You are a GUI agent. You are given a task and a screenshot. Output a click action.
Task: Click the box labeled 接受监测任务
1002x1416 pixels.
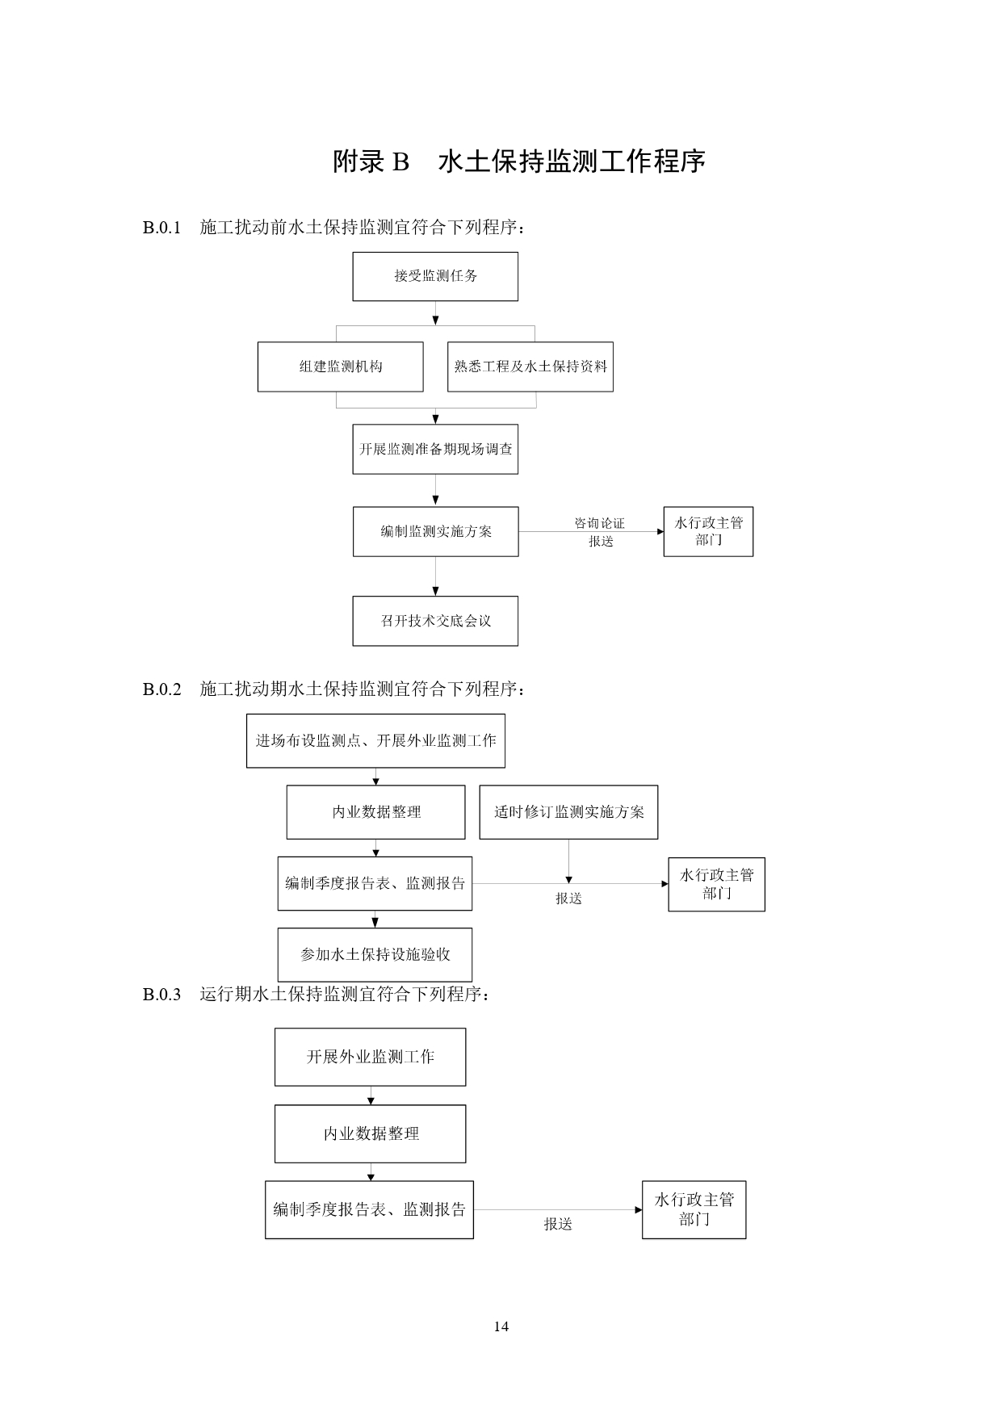coord(435,276)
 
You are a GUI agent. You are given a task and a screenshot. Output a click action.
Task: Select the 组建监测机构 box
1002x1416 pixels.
coord(340,367)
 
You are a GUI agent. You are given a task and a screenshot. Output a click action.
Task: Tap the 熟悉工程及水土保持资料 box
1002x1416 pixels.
coord(530,367)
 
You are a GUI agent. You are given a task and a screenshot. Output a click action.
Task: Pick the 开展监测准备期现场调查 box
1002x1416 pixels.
coord(435,449)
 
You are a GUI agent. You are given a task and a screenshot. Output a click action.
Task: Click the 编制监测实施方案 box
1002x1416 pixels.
coord(435,531)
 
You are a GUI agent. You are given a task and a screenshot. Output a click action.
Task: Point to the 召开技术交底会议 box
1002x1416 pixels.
coord(435,621)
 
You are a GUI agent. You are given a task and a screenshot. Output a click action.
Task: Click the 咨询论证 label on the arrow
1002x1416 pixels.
coord(599,523)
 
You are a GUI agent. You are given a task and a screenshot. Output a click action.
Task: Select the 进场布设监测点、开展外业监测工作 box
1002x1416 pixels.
coord(375,740)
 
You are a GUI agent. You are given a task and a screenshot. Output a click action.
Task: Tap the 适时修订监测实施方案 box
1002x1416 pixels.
coord(568,812)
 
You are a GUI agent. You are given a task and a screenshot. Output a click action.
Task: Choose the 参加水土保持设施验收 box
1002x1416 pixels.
coord(375,954)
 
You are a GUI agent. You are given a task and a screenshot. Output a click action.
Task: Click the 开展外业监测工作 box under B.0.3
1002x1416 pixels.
coord(370,1057)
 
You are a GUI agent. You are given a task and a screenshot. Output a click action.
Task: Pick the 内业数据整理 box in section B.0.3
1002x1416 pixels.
coord(370,1133)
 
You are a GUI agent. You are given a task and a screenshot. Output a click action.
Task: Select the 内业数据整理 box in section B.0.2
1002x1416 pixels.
coord(375,812)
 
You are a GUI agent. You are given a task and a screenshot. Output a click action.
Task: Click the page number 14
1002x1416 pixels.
coord(501,1326)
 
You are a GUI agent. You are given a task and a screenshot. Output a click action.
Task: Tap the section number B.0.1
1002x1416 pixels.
coord(161,228)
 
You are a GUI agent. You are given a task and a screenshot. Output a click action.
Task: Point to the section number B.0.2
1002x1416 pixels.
coord(161,689)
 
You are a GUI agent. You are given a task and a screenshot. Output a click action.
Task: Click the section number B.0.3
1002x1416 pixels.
coord(161,995)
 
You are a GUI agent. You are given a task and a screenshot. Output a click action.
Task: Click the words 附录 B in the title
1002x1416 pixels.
coord(371,161)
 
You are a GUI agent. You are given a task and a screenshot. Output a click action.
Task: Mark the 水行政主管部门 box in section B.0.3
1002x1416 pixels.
coord(694,1209)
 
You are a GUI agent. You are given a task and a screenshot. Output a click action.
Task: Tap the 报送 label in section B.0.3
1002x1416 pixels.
coord(557,1224)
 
